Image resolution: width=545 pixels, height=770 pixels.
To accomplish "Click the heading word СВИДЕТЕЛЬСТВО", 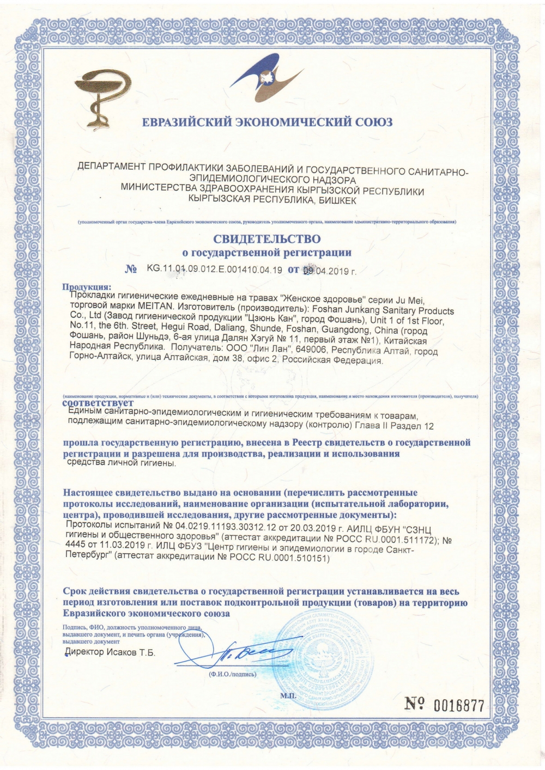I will [267, 239].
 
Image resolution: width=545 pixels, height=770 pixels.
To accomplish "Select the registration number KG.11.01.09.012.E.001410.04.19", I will [214, 269].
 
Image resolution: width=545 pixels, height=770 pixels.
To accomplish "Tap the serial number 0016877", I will [458, 705].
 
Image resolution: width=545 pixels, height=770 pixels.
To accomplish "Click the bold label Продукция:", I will [87, 287].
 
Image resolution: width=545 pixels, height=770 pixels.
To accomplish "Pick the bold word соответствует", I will [98, 404].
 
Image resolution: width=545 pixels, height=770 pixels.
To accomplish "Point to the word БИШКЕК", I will [337, 200].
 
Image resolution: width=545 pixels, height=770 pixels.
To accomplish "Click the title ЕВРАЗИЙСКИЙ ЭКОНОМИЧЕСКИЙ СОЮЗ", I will [267, 123].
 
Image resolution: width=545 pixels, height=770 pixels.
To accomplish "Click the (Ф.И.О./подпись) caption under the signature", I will [232, 674].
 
